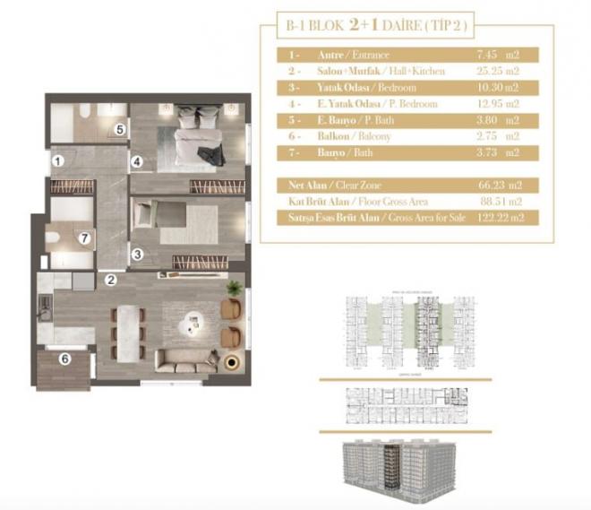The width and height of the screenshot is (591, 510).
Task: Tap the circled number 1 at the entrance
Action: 56,162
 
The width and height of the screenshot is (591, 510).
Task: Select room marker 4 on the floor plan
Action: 137,162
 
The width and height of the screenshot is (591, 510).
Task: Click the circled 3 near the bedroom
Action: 137,255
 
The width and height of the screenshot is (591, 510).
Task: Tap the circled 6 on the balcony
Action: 64,360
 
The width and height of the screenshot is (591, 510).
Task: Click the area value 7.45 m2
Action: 495,56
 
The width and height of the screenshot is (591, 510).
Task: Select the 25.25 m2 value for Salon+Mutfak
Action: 495,72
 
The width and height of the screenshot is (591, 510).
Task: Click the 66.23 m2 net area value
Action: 495,184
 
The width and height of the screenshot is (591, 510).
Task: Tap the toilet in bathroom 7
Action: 55,239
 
